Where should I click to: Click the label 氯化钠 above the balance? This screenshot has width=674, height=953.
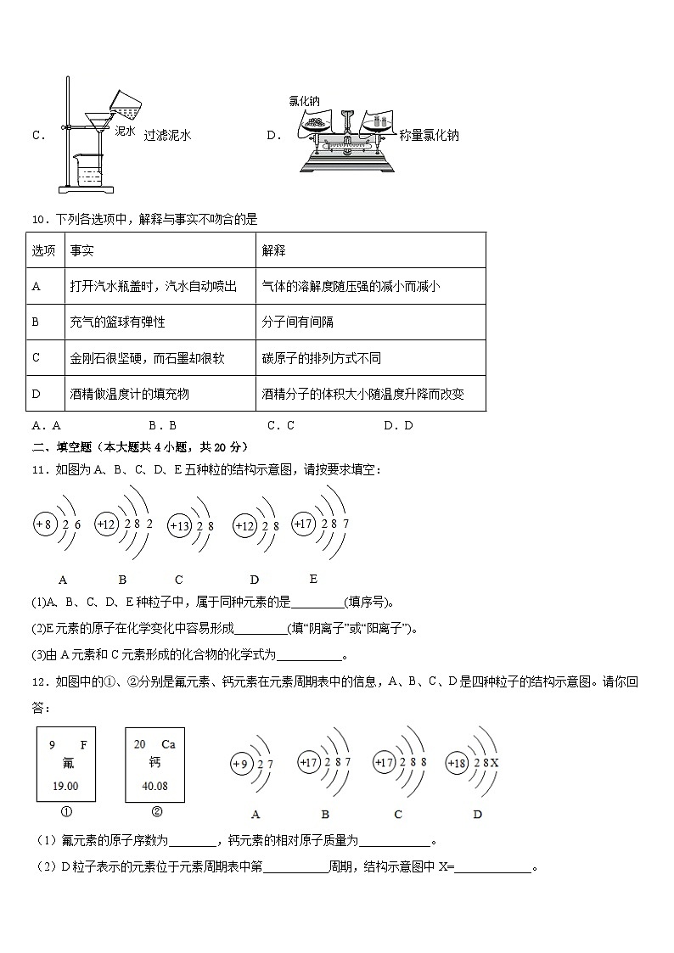click(304, 101)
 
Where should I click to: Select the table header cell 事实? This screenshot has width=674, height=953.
click(82, 250)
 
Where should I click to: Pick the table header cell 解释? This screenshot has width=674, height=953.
click(274, 250)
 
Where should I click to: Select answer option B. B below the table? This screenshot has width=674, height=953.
click(161, 426)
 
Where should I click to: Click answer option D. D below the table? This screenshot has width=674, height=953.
click(397, 426)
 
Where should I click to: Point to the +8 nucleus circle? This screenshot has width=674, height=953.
click(45, 524)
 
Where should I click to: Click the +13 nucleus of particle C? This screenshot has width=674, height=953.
click(180, 526)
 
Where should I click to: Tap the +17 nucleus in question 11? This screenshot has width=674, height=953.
click(304, 524)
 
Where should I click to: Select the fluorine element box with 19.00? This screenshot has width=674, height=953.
click(66, 764)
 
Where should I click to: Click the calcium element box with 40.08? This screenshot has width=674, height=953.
click(154, 764)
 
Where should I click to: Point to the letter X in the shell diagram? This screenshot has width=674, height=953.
click(494, 763)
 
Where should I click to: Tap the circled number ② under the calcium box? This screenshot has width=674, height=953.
click(156, 810)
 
